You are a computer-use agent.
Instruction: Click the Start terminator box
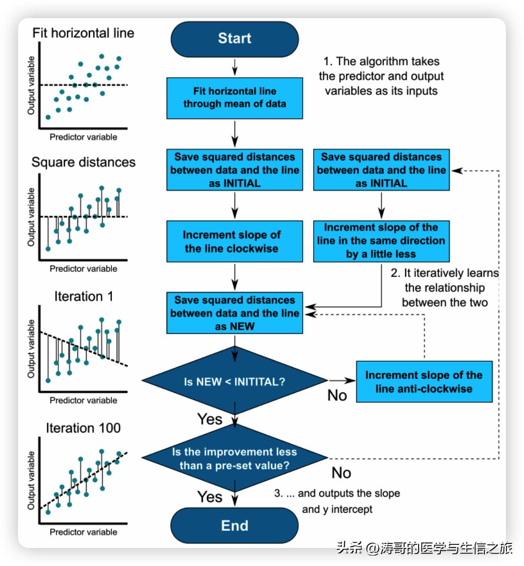(x=234, y=39)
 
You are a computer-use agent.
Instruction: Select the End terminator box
(x=234, y=525)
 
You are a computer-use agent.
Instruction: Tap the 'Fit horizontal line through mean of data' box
(x=234, y=98)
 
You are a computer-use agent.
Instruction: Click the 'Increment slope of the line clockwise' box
(x=234, y=241)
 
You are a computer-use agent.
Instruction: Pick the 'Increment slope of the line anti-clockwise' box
(x=424, y=382)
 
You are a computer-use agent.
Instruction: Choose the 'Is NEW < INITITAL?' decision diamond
(x=234, y=381)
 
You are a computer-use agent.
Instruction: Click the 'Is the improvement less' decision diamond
(x=234, y=458)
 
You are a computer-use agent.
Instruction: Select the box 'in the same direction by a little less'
(x=381, y=241)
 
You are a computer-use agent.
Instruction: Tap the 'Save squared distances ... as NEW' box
(x=234, y=313)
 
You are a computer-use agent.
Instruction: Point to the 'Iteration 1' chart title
(x=84, y=297)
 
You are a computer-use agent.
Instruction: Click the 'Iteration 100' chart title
(x=83, y=428)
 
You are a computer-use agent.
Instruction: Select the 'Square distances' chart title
(x=83, y=163)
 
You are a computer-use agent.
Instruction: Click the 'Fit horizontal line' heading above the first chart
(x=83, y=33)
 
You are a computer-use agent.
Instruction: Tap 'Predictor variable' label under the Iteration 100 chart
(x=83, y=532)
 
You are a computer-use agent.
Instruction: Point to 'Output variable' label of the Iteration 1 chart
(x=32, y=349)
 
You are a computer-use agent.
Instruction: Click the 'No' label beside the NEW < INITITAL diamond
(x=337, y=395)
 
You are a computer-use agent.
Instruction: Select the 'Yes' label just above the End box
(x=210, y=497)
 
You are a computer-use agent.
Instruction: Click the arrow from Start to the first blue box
(x=234, y=67)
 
